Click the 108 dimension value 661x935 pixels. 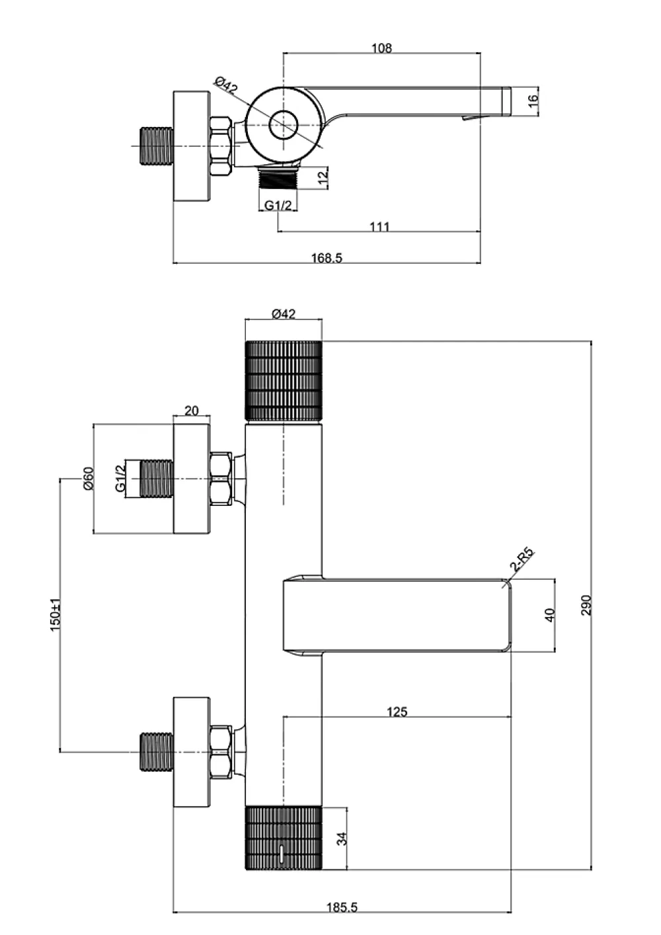pos(382,48)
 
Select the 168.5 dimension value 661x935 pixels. pos(327,258)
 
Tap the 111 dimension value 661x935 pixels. pos(379,227)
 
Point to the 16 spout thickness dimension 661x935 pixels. pos(533,101)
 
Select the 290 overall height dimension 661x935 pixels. pos(587,605)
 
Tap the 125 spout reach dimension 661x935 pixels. pos(397,711)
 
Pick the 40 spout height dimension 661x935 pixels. pos(551,615)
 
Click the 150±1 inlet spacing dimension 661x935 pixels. pos(56,614)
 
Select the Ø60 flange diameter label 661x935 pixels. pos(89,478)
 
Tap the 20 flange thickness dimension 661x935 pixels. pos(191,411)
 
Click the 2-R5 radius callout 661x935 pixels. pos(522,561)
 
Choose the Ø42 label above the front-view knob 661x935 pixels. pos(284,313)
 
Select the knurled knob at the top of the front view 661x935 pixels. pos(284,380)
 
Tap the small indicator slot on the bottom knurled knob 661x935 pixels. pos(282,850)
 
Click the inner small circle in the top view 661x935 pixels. pos(284,124)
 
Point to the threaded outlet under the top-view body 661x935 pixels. pos(279,177)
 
